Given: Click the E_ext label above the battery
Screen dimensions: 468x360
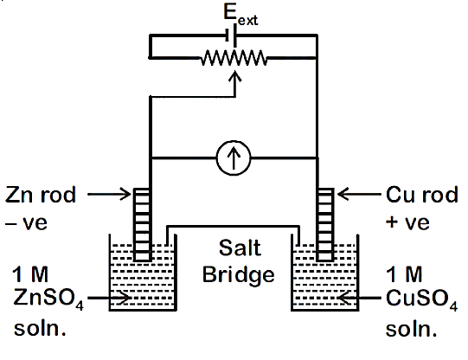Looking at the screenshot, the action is tap(240, 16).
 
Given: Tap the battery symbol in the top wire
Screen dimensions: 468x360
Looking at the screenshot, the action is tap(231, 35).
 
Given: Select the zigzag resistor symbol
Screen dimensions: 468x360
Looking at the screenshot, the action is tap(234, 58).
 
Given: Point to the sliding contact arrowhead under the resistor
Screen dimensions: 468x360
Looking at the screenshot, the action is tap(235, 76).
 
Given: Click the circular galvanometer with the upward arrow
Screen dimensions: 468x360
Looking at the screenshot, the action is tap(234, 157).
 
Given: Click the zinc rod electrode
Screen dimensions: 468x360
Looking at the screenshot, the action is tap(142, 224).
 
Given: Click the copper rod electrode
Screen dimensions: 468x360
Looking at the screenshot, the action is tap(325, 224).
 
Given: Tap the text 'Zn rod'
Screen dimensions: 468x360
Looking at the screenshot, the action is tap(41, 195).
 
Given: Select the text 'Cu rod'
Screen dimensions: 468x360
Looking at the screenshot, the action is tap(422, 195).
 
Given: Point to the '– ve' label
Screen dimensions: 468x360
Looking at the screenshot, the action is tap(26, 223).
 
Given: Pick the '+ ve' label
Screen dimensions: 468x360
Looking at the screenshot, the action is tap(407, 222).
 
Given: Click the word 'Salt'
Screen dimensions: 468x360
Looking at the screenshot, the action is tap(240, 247).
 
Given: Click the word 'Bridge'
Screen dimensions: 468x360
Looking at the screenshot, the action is tap(239, 275).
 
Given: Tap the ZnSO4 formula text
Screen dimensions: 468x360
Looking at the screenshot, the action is tap(48, 299).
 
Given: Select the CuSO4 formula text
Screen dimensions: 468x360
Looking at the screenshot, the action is tap(421, 299).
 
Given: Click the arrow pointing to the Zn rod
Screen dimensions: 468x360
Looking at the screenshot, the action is tap(109, 195).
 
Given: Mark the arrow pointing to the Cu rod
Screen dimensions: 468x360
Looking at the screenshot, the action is tap(359, 195).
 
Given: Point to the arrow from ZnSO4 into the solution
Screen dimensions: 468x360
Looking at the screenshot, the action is tap(109, 298).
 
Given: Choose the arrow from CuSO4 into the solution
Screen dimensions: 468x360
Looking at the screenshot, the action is tap(359, 298).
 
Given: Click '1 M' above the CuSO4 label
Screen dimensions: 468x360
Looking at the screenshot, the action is tap(404, 274).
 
